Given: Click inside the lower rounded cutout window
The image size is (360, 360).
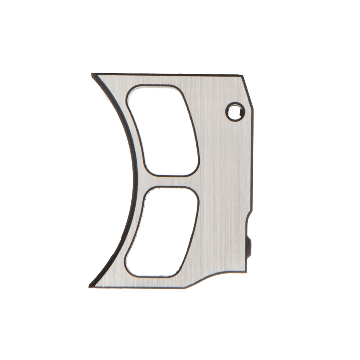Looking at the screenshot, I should (162, 231).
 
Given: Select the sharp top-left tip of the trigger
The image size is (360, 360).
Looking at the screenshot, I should (92, 74).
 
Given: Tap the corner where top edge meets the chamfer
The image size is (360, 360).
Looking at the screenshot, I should (242, 74).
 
